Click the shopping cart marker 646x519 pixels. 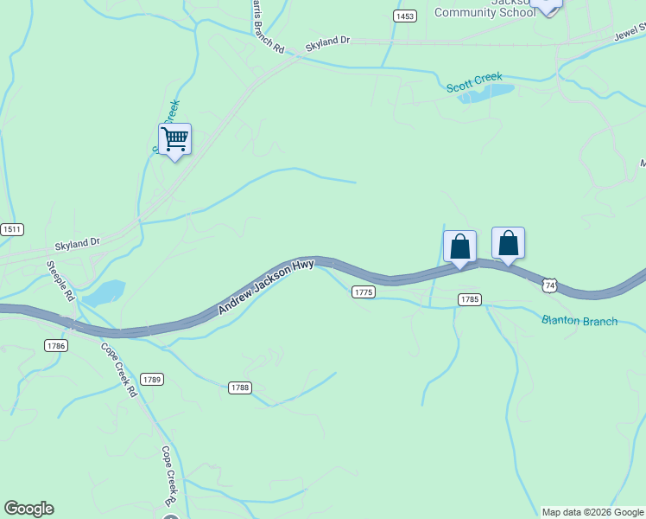(174, 138)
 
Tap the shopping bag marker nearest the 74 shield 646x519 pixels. (508, 243)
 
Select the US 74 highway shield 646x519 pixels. (550, 284)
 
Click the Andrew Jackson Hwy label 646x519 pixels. (266, 286)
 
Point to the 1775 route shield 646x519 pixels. (364, 292)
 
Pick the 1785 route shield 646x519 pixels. (469, 299)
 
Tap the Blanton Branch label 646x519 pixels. (579, 321)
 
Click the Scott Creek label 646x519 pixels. (474, 83)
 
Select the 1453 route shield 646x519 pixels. (404, 16)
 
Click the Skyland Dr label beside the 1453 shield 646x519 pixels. (328, 41)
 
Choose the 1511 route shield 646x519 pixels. (12, 229)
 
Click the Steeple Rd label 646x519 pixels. (61, 281)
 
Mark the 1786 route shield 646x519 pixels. (55, 345)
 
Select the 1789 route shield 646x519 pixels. (152, 379)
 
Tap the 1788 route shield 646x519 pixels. (240, 388)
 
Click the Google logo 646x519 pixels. (28, 509)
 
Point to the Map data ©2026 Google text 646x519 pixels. (592, 512)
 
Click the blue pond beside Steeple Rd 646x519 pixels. (104, 293)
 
